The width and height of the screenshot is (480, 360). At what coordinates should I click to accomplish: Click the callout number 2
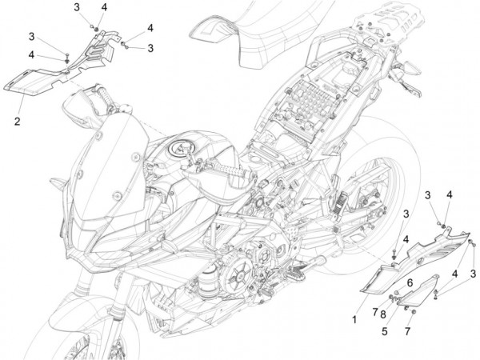coord(17,122)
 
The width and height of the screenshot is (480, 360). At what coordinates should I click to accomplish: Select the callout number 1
coord(354,320)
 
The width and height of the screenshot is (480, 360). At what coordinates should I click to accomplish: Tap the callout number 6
coord(410,283)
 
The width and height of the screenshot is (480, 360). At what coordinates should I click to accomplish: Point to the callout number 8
coord(383,314)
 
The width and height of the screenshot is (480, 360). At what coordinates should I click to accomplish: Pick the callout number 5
coord(385,331)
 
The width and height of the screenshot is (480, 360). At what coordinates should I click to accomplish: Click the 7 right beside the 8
coord(375,312)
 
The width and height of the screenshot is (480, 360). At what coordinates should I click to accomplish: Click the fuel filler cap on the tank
coord(179,149)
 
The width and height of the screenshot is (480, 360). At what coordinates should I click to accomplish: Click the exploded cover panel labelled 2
coord(62,66)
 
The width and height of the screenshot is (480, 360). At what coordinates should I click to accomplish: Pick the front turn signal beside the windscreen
coord(58,183)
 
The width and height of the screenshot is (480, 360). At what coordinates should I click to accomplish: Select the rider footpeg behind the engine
coord(312,263)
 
